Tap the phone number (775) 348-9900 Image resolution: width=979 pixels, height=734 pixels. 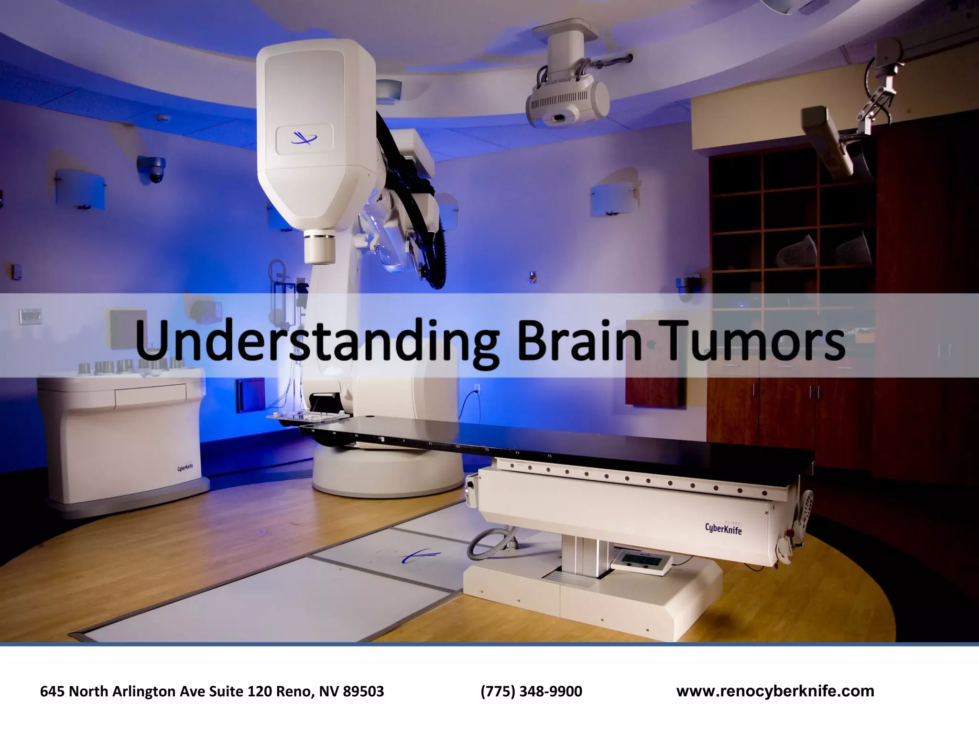[531, 691]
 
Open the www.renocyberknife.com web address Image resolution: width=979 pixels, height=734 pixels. [775, 691]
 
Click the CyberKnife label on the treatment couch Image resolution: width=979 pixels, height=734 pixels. [723, 528]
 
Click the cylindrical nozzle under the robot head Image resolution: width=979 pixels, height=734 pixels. [320, 246]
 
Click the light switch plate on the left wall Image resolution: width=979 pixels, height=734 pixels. [30, 315]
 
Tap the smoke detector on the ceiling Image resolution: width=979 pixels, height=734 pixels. [163, 117]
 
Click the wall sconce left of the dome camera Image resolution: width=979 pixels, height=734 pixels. [80, 189]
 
